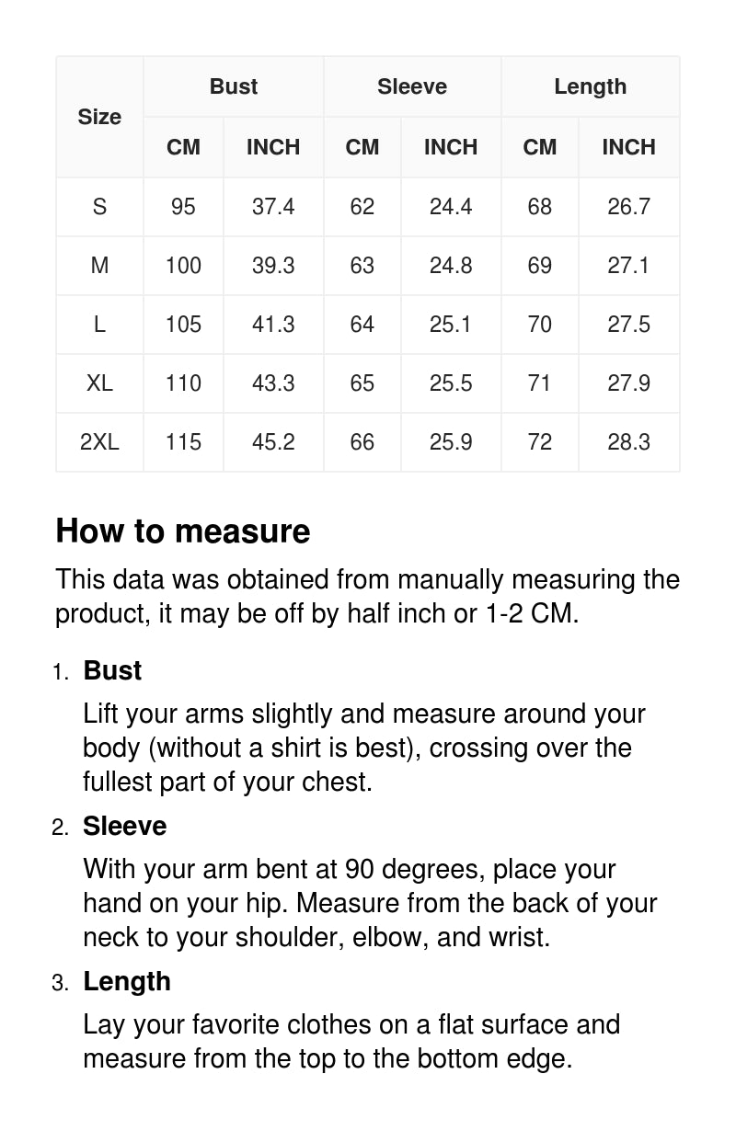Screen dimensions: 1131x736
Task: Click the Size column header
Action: [x=99, y=117]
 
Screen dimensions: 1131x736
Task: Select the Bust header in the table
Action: [x=234, y=86]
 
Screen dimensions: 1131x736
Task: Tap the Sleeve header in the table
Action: [x=412, y=86]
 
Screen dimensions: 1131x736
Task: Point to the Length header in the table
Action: [x=590, y=86]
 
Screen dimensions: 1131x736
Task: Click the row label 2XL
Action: [x=99, y=442]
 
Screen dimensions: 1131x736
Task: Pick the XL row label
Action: [x=99, y=383]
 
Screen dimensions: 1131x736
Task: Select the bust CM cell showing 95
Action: [x=183, y=207]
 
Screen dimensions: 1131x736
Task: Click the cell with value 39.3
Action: [x=273, y=266]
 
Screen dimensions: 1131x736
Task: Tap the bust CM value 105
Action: [x=183, y=325]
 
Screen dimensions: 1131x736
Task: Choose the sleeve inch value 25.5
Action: [x=451, y=383]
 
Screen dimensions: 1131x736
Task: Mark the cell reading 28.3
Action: [x=628, y=442]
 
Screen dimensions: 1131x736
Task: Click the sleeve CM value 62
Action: [x=362, y=207]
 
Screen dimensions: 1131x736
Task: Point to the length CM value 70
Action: [x=540, y=325]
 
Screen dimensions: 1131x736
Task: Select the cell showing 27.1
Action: [x=628, y=266]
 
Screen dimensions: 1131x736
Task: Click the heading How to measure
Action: [x=183, y=531]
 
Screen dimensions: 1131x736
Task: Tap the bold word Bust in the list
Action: [x=112, y=670]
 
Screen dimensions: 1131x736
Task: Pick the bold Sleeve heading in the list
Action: [x=124, y=826]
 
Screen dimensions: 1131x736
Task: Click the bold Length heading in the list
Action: [x=127, y=981]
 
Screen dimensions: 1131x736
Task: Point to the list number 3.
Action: [x=60, y=983]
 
